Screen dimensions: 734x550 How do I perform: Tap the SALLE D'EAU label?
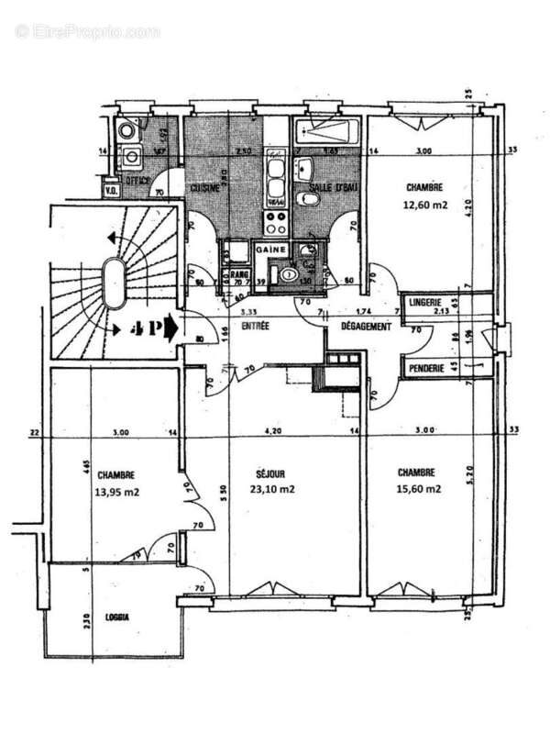click(326, 188)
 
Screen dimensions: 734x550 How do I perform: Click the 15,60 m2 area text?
click(420, 489)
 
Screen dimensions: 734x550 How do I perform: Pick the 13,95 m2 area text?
click(116, 491)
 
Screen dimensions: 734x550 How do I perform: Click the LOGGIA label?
click(116, 617)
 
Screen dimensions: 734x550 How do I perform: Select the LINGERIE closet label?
click(427, 302)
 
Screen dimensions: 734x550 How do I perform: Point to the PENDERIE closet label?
click(428, 370)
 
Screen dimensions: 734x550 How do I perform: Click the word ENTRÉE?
click(255, 326)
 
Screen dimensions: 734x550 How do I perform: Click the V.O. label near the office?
click(111, 191)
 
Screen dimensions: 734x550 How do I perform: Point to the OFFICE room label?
click(138, 182)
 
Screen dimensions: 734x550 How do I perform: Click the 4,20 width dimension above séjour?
click(272, 430)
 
